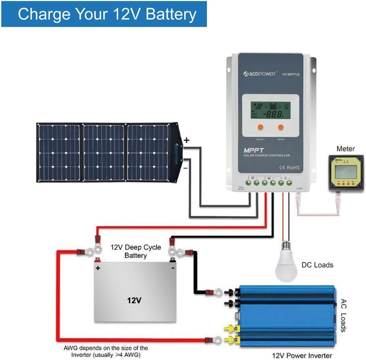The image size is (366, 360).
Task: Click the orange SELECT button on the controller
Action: point(260,127)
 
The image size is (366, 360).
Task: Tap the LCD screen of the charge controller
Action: point(270,110)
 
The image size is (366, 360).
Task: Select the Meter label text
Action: point(345,149)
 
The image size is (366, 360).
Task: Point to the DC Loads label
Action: point(317,265)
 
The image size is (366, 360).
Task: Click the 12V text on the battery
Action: point(134,300)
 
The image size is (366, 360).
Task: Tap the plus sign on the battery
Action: point(98,268)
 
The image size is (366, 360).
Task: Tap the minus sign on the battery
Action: point(173,268)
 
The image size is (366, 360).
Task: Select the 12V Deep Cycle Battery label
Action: point(136,252)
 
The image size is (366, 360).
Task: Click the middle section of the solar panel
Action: point(104,153)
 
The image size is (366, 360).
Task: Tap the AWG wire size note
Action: point(106,351)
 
